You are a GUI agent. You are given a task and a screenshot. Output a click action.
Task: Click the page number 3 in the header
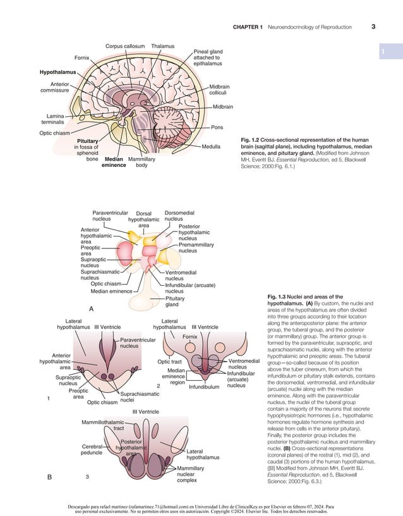click(373, 27)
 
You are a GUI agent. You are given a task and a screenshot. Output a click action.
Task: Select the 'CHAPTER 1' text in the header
click(248, 27)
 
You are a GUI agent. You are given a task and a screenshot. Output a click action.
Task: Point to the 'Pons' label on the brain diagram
click(217, 127)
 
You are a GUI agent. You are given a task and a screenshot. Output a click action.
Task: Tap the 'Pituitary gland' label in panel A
click(175, 300)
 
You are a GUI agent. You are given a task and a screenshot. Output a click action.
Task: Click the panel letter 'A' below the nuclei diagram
click(91, 309)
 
